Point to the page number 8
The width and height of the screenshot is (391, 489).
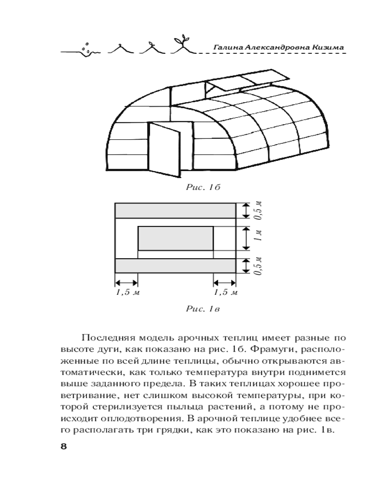[63, 446]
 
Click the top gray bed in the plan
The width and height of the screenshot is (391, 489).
[175, 210]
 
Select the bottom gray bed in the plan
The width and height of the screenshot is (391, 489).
[175, 266]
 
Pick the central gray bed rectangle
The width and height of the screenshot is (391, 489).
[175, 238]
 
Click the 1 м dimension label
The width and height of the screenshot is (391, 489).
[260, 238]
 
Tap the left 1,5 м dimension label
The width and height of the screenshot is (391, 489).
[126, 292]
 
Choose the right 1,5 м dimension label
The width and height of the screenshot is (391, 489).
[225, 292]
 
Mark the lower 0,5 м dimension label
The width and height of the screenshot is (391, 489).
[260, 266]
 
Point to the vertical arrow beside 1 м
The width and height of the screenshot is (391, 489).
[246, 238]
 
